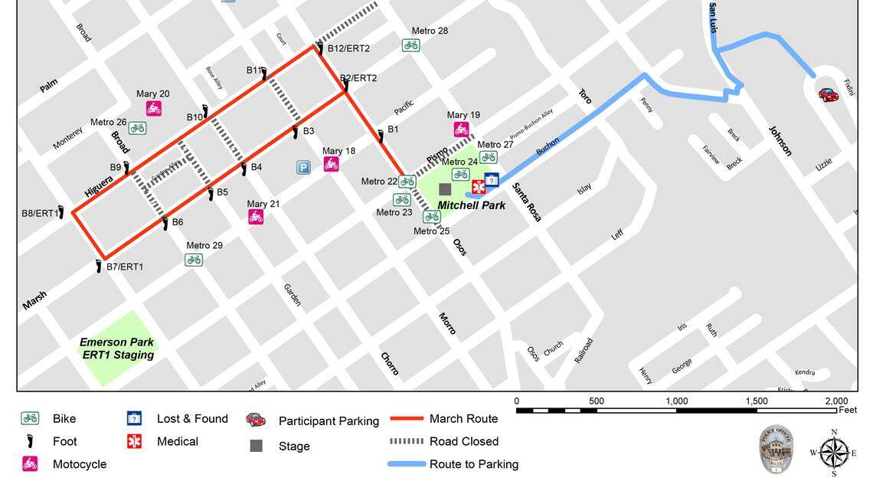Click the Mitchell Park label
(x=471, y=205)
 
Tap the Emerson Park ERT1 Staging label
(x=117, y=349)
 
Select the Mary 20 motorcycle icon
(x=153, y=109)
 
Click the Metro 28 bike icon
(x=410, y=45)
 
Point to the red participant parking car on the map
(x=828, y=94)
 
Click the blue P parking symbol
(x=304, y=167)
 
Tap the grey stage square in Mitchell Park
(x=445, y=188)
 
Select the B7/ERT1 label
(x=125, y=267)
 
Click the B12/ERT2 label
(x=348, y=48)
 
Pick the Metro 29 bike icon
(x=194, y=260)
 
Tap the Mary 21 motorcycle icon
(x=256, y=217)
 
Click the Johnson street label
(x=781, y=141)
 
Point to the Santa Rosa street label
(x=527, y=202)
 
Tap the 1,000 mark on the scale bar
(x=676, y=401)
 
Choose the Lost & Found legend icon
(x=134, y=419)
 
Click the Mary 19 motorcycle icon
(x=461, y=129)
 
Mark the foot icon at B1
(x=380, y=136)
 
